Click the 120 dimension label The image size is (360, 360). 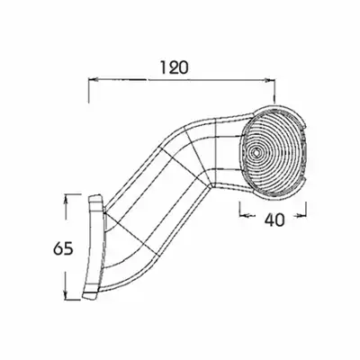(175, 67)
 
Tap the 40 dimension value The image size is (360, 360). (274, 220)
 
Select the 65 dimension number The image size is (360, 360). (63, 248)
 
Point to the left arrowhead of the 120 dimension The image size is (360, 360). (93, 80)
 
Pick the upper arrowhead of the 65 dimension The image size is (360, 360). (66, 199)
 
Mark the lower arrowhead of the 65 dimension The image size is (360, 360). (66, 295)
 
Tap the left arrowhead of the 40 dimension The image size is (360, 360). (245, 215)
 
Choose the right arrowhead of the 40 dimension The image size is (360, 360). (301, 215)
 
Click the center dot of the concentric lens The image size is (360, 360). (255, 152)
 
